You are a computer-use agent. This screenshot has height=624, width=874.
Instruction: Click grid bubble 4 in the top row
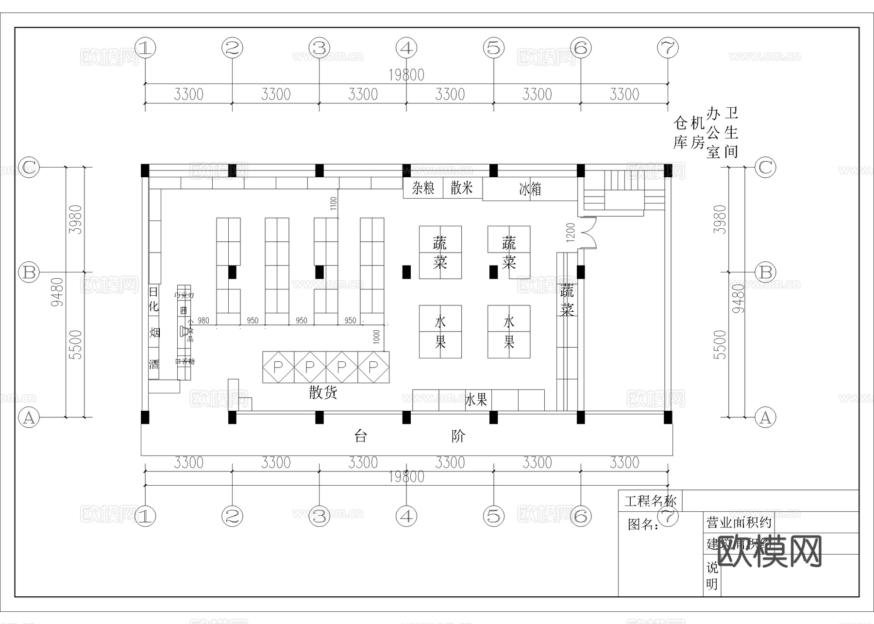tap(406, 48)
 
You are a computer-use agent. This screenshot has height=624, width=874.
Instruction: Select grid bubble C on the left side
tap(29, 167)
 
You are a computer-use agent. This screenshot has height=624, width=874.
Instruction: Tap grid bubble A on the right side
tap(765, 417)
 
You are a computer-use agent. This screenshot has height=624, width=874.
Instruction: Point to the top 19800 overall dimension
tap(406, 75)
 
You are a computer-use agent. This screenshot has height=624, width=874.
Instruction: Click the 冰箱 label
tap(530, 188)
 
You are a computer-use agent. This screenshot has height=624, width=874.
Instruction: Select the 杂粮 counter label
tap(423, 188)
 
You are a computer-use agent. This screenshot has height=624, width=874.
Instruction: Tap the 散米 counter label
tap(461, 187)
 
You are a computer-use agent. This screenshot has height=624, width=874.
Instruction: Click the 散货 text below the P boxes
tap(323, 392)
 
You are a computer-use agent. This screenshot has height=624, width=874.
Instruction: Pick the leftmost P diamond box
tap(278, 367)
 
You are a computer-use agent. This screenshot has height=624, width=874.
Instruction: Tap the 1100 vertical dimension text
tap(334, 203)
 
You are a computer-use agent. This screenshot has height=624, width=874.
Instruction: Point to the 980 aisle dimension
tap(203, 320)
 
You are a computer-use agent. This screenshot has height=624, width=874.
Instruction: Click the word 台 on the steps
tap(360, 436)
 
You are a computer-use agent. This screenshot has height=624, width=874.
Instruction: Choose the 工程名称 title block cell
tap(650, 501)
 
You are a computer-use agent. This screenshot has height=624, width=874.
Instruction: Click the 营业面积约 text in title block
tap(739, 523)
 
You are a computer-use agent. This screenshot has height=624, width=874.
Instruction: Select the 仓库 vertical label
tap(680, 132)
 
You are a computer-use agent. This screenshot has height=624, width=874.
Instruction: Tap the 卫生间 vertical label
tap(731, 132)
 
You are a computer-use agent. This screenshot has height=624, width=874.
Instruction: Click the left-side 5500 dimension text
tap(76, 344)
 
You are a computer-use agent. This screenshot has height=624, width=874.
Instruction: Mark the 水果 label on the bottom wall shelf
tap(476, 400)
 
